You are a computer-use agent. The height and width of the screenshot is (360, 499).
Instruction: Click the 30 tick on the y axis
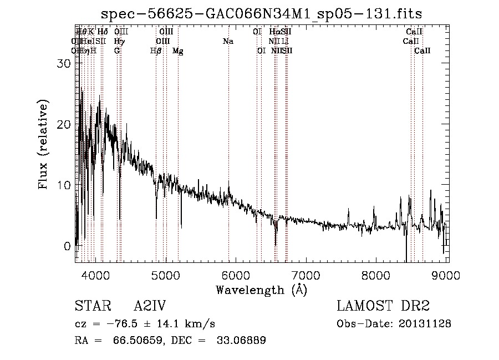[x=65, y=63]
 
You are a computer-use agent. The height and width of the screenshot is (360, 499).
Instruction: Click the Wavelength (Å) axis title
[x=261, y=290]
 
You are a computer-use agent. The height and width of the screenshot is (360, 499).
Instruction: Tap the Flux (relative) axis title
[x=44, y=144]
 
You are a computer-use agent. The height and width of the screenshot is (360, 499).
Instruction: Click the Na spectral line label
[x=228, y=42]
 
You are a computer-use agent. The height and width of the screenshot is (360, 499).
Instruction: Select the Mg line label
[x=178, y=51]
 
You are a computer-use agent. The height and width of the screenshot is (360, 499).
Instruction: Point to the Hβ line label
[x=156, y=51]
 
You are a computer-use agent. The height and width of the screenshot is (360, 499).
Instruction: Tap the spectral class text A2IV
[x=150, y=307]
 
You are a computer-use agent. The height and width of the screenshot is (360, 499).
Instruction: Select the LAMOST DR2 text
[x=383, y=307]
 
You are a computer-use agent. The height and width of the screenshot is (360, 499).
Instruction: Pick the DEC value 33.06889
[x=241, y=341]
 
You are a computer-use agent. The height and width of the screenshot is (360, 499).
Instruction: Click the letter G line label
[x=117, y=51]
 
